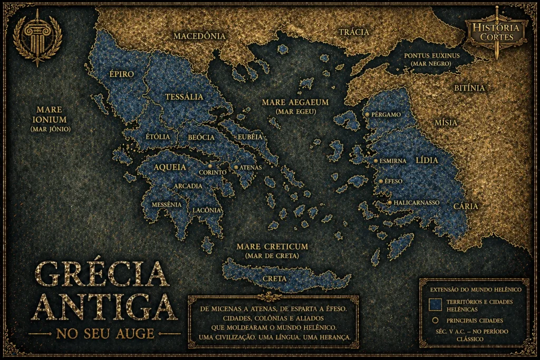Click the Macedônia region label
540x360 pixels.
199,36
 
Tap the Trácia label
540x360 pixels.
353,32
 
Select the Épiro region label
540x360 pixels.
121,74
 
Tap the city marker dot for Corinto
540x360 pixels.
210,166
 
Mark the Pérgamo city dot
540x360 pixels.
367,114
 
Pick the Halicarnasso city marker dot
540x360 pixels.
389,202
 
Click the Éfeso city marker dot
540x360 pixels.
380,181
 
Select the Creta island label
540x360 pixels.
275,278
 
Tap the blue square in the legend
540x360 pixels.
435,305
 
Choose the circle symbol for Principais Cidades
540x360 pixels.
435,320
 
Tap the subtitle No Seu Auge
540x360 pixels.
105,334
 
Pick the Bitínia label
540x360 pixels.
469,88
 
